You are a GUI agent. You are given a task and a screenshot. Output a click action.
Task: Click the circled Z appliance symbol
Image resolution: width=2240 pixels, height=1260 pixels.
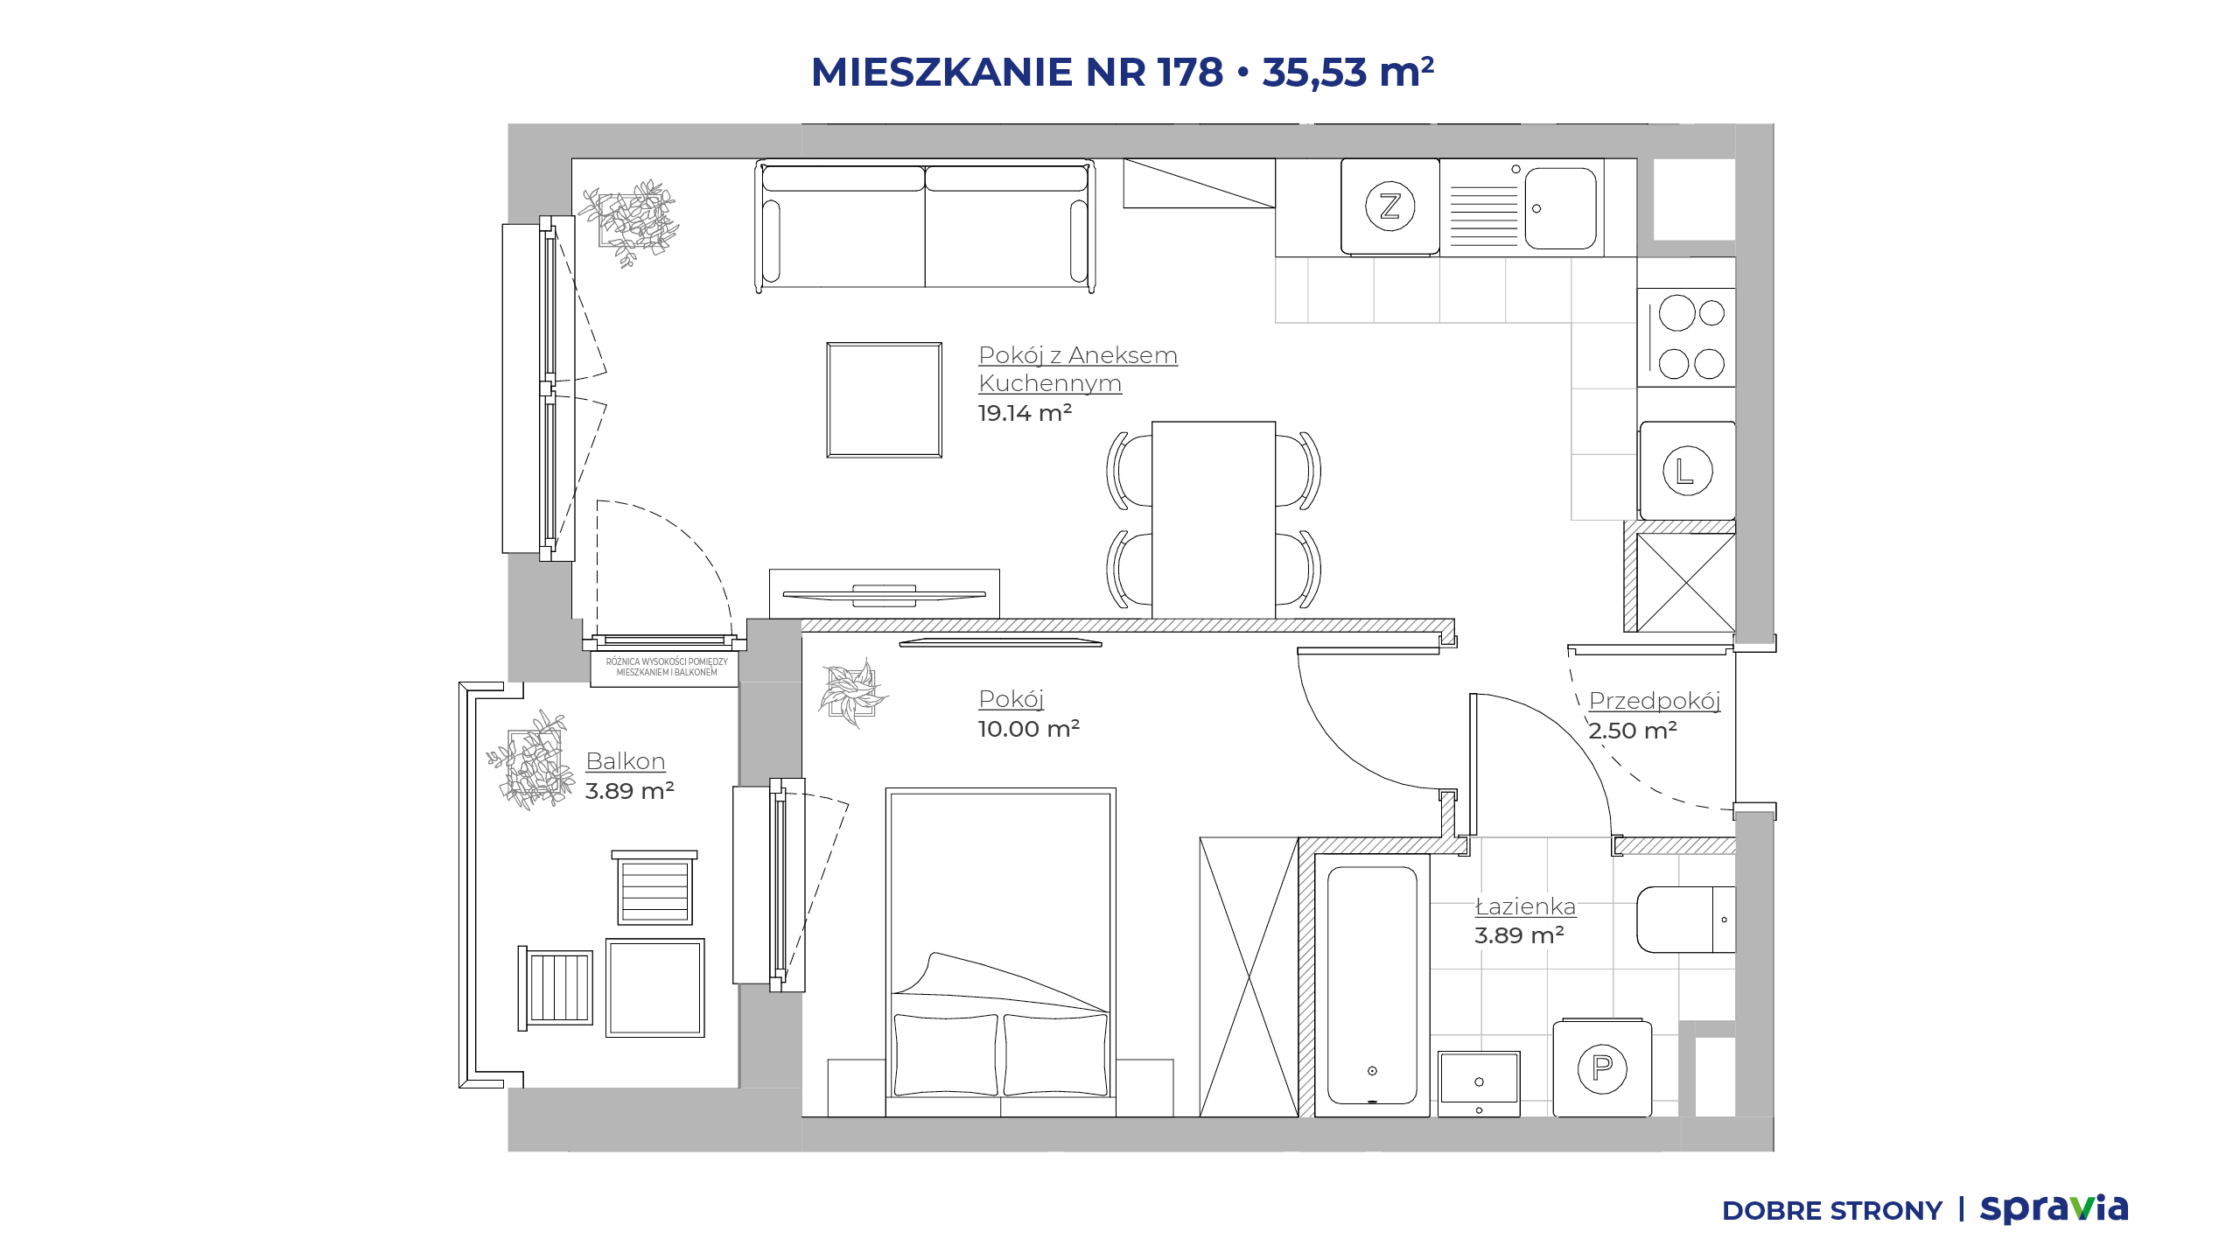coord(1389,206)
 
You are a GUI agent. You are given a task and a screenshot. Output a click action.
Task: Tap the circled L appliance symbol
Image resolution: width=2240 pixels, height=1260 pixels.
coord(1687,471)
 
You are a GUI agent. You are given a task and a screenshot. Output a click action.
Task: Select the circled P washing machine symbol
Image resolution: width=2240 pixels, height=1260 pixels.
coord(1602,1068)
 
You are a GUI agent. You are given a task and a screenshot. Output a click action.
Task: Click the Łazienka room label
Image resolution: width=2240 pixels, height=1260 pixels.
coord(1525,906)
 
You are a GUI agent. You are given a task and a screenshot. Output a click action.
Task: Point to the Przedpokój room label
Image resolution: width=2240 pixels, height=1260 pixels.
coord(1655,701)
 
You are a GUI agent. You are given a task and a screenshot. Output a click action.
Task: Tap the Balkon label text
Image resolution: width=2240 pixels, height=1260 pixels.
coord(626,761)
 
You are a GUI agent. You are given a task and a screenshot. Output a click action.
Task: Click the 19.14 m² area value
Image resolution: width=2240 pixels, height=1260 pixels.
coord(1025,413)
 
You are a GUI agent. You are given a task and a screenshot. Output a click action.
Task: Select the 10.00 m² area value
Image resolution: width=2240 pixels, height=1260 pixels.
coord(1029,729)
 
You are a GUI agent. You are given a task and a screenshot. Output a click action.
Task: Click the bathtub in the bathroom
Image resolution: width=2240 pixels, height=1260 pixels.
coord(1372,985)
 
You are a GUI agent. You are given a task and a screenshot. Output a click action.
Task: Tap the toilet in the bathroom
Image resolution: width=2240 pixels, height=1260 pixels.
coord(1685,920)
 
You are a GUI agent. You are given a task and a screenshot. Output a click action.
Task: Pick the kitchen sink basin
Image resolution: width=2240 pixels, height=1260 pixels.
coord(1560,208)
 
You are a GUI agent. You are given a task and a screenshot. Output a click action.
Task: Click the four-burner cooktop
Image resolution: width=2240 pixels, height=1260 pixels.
coord(1687,338)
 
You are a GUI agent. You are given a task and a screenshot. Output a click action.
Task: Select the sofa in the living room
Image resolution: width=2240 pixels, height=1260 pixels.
coord(925,225)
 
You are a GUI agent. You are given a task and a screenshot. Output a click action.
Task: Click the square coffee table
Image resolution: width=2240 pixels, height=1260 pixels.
coord(885,400)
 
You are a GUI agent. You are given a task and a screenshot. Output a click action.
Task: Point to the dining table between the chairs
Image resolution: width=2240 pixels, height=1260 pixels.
coord(1214,520)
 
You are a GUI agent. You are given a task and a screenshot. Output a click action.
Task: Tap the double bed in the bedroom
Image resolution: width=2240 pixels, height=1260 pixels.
coord(1001,952)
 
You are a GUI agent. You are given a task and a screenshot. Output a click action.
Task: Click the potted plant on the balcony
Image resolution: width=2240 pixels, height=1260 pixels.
coord(531,759)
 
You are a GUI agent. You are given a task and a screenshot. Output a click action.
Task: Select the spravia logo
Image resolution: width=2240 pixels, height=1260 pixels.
coord(2054,1209)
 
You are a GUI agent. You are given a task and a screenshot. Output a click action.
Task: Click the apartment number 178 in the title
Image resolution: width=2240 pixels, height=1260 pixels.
coord(1190,72)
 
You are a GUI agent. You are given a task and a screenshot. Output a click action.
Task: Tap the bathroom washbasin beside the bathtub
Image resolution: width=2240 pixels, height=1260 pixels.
coord(1479,1084)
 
